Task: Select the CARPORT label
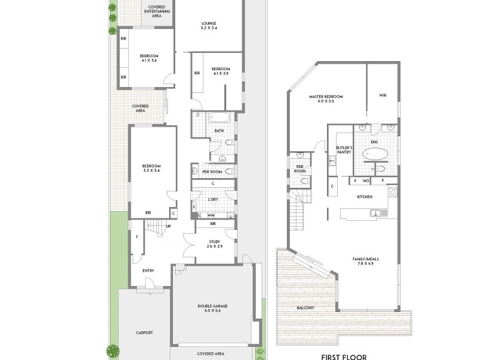pos(144,333)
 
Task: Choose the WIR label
pos(382,95)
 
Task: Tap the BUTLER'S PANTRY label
pos(343,149)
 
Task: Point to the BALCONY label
pos(305,308)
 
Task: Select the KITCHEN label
pos(365,197)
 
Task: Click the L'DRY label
pos(212,199)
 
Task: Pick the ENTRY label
pos(148,271)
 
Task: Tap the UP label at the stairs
pos(169,226)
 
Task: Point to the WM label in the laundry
pos(211,215)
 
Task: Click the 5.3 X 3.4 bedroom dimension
pos(151,171)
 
